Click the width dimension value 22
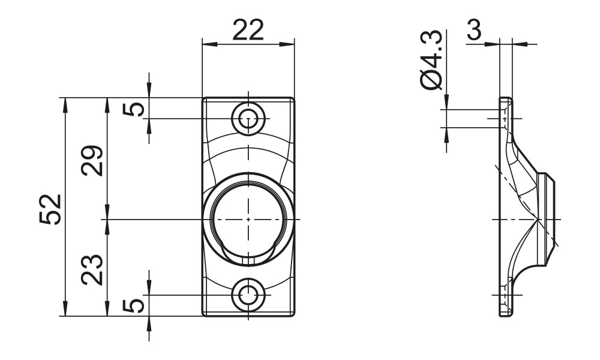248,31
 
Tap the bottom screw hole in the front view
248,295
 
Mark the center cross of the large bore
248,220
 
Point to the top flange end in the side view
506,100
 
